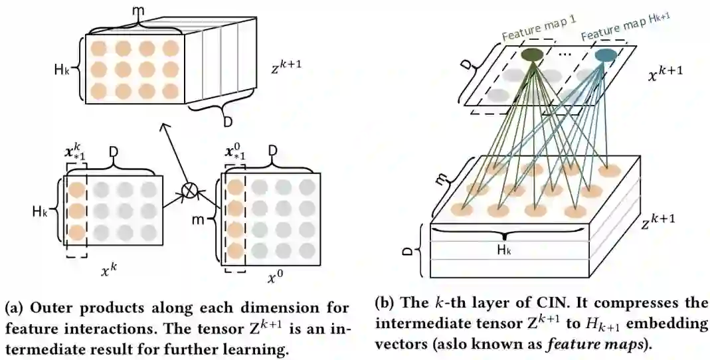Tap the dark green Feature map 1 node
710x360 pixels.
[x=531, y=55]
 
